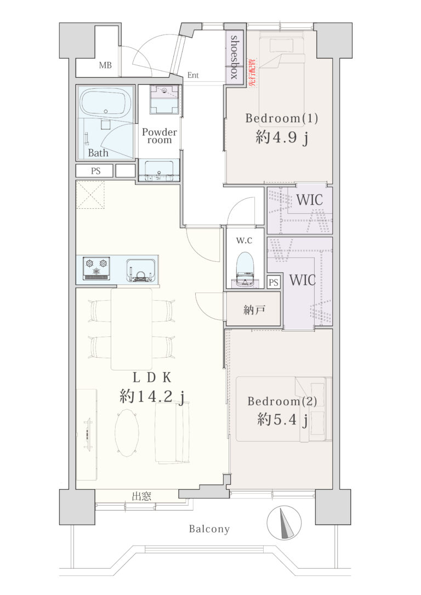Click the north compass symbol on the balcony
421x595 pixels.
(x=284, y=522)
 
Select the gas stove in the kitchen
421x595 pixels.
(x=96, y=268)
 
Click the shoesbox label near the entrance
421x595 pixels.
(x=234, y=57)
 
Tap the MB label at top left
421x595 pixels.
(x=105, y=65)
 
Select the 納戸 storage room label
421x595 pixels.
(x=254, y=310)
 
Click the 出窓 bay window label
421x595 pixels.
(x=141, y=496)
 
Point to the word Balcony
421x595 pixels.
(x=209, y=529)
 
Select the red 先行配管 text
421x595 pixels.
(x=252, y=72)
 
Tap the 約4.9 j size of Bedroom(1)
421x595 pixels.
(x=282, y=137)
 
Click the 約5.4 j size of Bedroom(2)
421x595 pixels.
(x=282, y=420)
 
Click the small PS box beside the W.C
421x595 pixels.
(x=274, y=282)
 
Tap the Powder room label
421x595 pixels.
(x=160, y=136)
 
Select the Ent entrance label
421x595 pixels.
(x=193, y=75)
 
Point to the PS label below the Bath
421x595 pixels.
(x=96, y=171)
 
